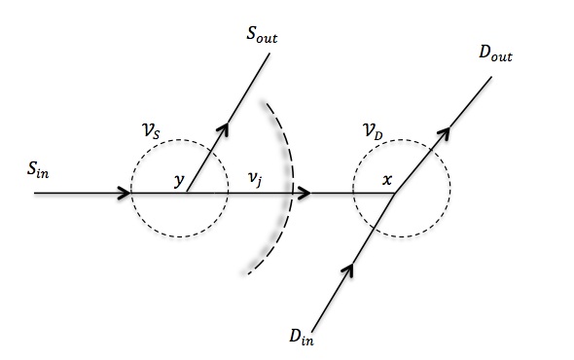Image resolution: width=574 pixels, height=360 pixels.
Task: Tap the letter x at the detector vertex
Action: click(387, 180)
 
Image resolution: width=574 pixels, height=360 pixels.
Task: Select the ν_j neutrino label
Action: click(255, 178)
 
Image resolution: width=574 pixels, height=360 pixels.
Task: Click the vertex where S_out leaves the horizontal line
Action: click(187, 194)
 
